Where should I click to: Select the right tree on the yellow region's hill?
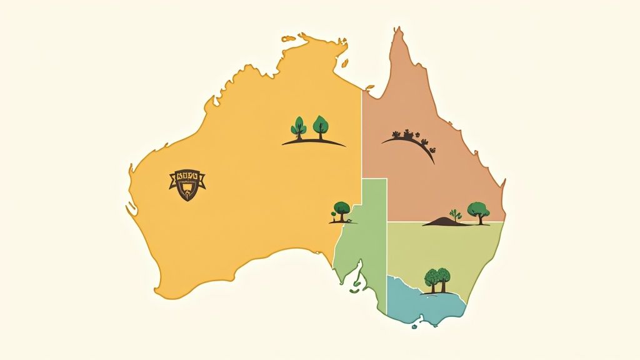click(321, 125)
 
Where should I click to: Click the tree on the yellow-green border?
click(341, 209)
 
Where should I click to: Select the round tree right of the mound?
click(478, 211)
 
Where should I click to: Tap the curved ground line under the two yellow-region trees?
click(313, 142)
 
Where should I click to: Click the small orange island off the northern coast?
click(370, 87)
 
